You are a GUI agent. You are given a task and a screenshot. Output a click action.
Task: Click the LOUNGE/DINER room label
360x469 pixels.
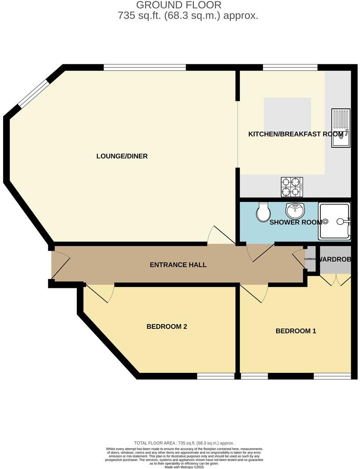click(x=122, y=156)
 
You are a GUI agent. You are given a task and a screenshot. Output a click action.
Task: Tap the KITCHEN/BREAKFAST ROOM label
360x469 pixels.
click(x=296, y=134)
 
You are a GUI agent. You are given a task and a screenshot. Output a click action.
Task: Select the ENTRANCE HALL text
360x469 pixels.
click(x=178, y=265)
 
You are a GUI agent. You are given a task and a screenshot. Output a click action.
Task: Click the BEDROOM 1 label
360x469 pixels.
click(x=296, y=331)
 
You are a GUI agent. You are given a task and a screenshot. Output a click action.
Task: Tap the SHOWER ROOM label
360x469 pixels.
click(x=296, y=222)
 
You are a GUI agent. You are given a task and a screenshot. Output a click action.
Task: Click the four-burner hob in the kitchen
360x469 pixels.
click(x=292, y=187)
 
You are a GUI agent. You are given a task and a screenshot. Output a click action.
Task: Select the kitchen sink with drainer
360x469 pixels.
click(x=341, y=128)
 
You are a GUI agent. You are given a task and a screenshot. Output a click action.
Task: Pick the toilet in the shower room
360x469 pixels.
click(x=263, y=212)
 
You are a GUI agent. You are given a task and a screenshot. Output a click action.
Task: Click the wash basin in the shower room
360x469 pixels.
click(x=294, y=210)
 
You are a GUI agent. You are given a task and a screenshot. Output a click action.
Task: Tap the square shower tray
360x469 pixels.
click(x=334, y=222)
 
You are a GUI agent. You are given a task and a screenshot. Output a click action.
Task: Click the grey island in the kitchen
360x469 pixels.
click(x=287, y=113)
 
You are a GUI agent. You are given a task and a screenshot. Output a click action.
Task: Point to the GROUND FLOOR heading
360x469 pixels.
click(x=179, y=5)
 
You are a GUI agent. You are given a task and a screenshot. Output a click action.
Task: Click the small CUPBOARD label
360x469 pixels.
click(x=310, y=259)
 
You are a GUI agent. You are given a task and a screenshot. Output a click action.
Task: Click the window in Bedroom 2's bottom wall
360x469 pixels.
click(x=216, y=376)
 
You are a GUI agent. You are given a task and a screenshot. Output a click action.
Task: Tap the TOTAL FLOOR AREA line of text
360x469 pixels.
click(x=184, y=443)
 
